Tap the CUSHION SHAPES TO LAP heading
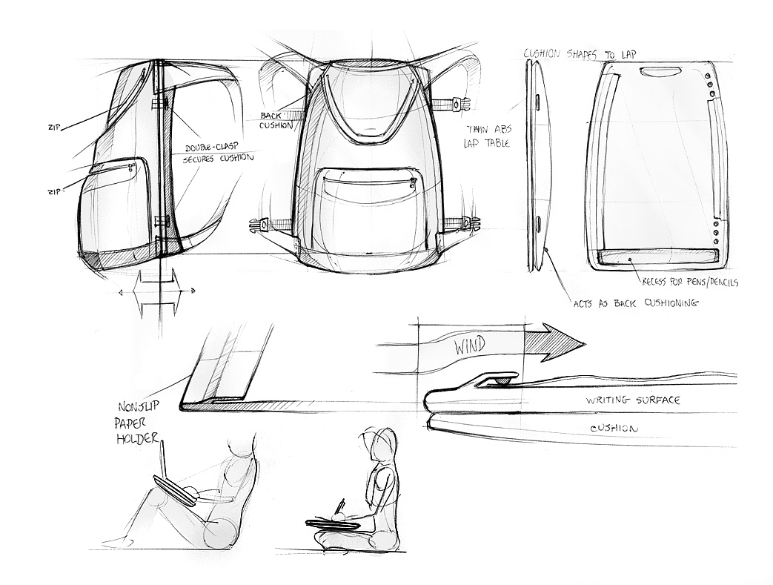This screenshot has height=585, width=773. (x=580, y=53)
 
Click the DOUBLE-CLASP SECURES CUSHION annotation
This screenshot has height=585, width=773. (x=219, y=153)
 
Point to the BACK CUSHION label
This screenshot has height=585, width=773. (x=276, y=120)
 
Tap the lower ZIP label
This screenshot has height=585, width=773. (x=53, y=191)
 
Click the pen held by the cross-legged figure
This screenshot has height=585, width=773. (x=341, y=507)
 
